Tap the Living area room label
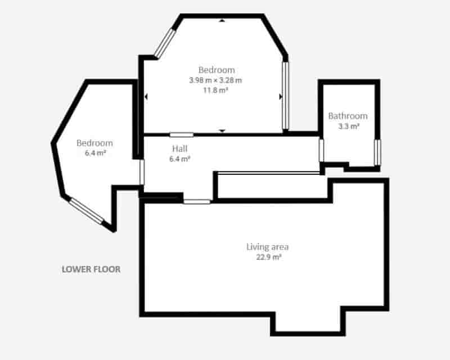(268, 247)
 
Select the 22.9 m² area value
(268, 257)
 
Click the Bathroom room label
(348, 116)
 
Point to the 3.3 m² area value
(349, 127)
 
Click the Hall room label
(179, 148)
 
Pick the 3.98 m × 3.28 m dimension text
(215, 80)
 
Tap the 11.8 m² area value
(216, 91)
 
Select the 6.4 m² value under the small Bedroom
(96, 153)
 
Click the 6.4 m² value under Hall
(179, 159)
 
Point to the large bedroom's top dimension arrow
(222, 20)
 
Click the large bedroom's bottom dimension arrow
(222, 131)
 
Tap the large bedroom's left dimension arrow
(146, 97)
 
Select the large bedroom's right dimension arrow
(280, 97)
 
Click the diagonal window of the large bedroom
(165, 43)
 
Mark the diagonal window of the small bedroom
(87, 211)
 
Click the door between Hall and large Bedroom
(181, 134)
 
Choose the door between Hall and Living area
(197, 201)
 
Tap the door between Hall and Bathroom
(321, 150)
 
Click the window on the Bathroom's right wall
(377, 152)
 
